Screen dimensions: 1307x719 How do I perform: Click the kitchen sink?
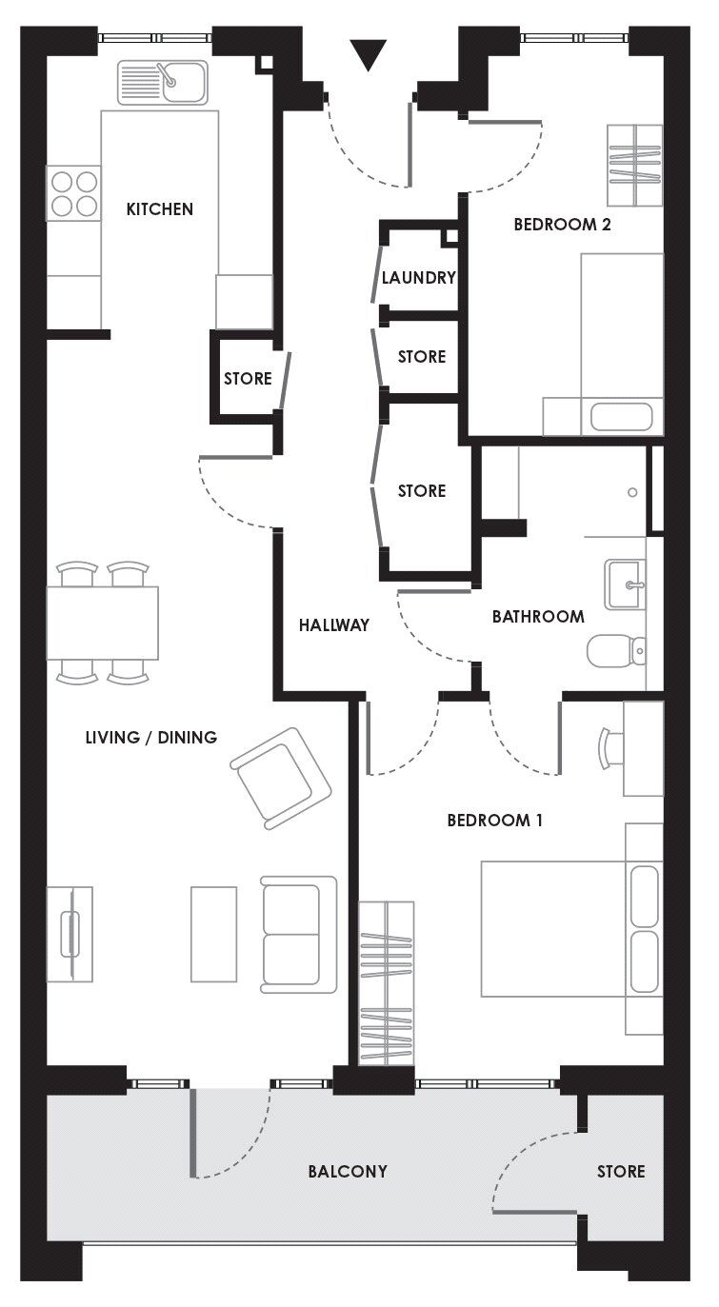pos(163,82)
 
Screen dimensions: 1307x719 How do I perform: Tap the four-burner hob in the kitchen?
pos(73,193)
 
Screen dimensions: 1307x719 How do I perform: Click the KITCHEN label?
pos(160,209)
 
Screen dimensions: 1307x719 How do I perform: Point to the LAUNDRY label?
pos(418,279)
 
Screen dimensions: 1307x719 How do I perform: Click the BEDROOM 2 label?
pos(562,226)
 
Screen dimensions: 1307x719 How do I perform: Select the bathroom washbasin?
pos(625,584)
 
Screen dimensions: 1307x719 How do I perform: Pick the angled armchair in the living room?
pos(281,778)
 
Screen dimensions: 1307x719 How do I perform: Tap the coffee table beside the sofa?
pos(213,934)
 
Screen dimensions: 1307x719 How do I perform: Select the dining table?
pos(102,624)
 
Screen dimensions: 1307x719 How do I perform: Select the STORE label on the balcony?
pos(621,1172)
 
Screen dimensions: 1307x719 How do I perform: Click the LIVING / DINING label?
pos(150,737)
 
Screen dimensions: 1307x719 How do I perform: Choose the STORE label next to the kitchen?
pos(248,379)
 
